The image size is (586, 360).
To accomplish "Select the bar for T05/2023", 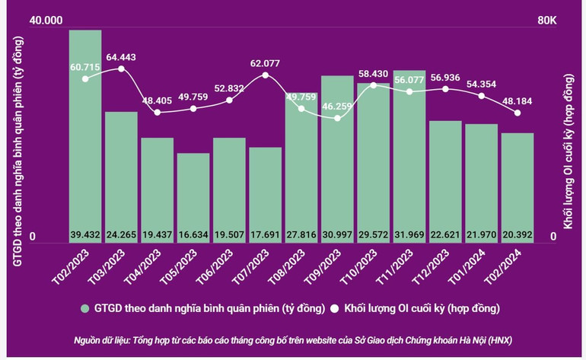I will tap(193, 194).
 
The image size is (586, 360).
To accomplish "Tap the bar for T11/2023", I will tap(409, 152).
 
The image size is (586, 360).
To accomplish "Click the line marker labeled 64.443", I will tap(121, 69).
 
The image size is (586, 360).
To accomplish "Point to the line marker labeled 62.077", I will tap(265, 75).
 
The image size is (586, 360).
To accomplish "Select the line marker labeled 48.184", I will tap(518, 113).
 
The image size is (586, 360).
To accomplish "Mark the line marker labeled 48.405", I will tap(158, 113).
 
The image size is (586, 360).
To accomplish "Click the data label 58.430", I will tap(374, 73).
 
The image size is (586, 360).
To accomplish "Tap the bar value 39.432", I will tap(85, 233).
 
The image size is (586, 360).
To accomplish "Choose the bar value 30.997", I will tap(337, 233).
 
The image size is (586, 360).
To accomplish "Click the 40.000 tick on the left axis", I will tap(45, 20).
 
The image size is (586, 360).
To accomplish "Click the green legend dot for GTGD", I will tap(85, 309).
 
